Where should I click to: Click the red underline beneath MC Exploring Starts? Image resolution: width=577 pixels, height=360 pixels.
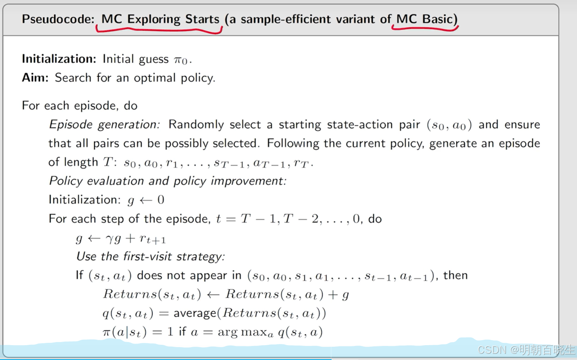(159, 31)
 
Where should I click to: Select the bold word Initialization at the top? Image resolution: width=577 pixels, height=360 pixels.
(59, 59)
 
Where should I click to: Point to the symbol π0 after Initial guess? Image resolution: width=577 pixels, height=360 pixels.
(180, 60)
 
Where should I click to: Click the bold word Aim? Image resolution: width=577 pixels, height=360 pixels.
(35, 78)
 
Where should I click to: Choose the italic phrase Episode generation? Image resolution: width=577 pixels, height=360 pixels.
(104, 125)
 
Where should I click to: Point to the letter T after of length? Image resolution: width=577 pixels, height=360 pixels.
(108, 162)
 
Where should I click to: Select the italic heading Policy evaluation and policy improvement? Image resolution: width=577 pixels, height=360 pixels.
(167, 181)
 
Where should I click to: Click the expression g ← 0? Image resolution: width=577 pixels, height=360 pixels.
(146, 200)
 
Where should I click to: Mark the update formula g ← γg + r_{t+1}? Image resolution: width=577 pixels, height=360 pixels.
(121, 238)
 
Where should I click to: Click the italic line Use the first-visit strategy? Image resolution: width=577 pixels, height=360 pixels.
(150, 257)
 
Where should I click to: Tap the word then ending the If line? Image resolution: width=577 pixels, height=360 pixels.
(455, 275)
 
